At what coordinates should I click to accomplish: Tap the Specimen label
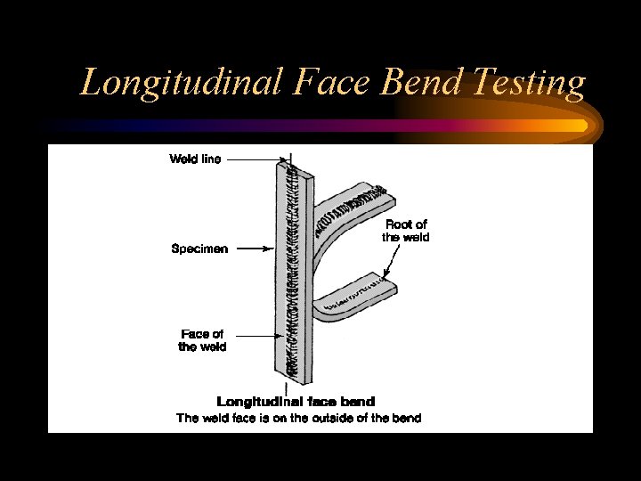point(199,249)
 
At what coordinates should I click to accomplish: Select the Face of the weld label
point(202,340)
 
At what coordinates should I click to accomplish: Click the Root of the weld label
point(406,232)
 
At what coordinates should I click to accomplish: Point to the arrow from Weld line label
point(258,159)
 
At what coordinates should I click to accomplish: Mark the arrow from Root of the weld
point(388,264)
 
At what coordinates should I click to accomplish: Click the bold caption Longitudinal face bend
point(296,402)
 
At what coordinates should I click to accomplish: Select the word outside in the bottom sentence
point(337,418)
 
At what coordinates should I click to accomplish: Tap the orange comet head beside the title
point(570,126)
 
